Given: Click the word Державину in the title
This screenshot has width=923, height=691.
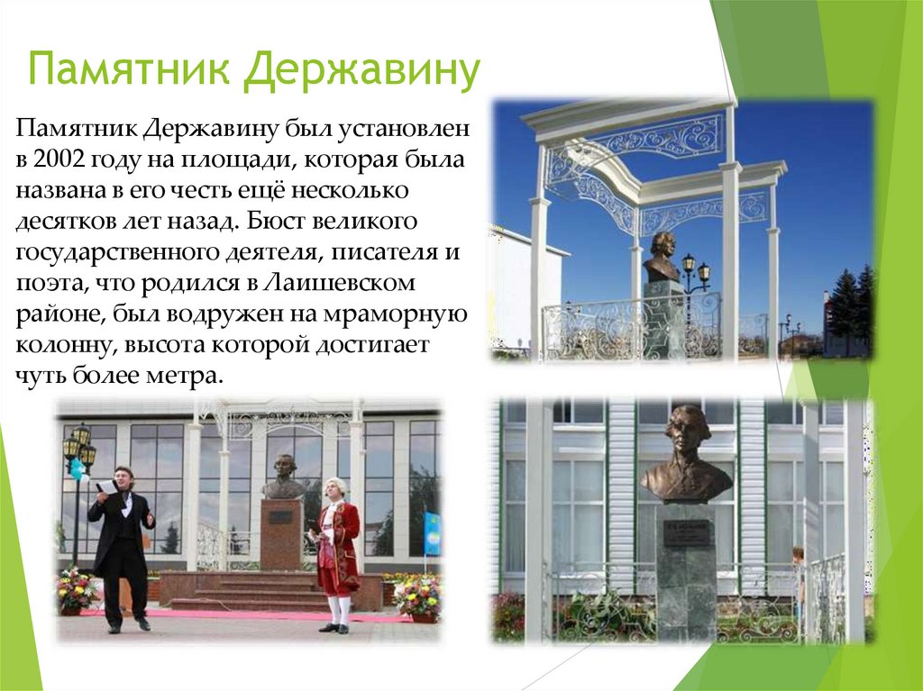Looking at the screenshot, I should [361, 72].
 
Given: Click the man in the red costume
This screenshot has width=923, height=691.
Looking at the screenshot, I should [336, 550].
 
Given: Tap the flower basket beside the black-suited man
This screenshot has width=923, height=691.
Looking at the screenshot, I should [78, 590].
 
